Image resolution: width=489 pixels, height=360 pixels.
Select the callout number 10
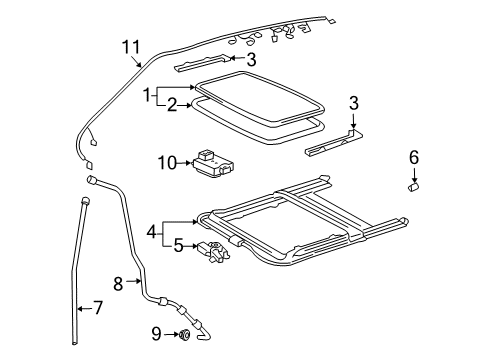[166, 162]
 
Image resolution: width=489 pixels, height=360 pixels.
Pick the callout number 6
[414, 156]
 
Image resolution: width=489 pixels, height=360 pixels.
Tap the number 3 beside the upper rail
[251, 59]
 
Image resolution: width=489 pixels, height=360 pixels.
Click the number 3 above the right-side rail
[353, 103]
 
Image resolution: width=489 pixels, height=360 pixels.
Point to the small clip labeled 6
[413, 185]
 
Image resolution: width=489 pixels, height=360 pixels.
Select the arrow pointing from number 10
[185, 162]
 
